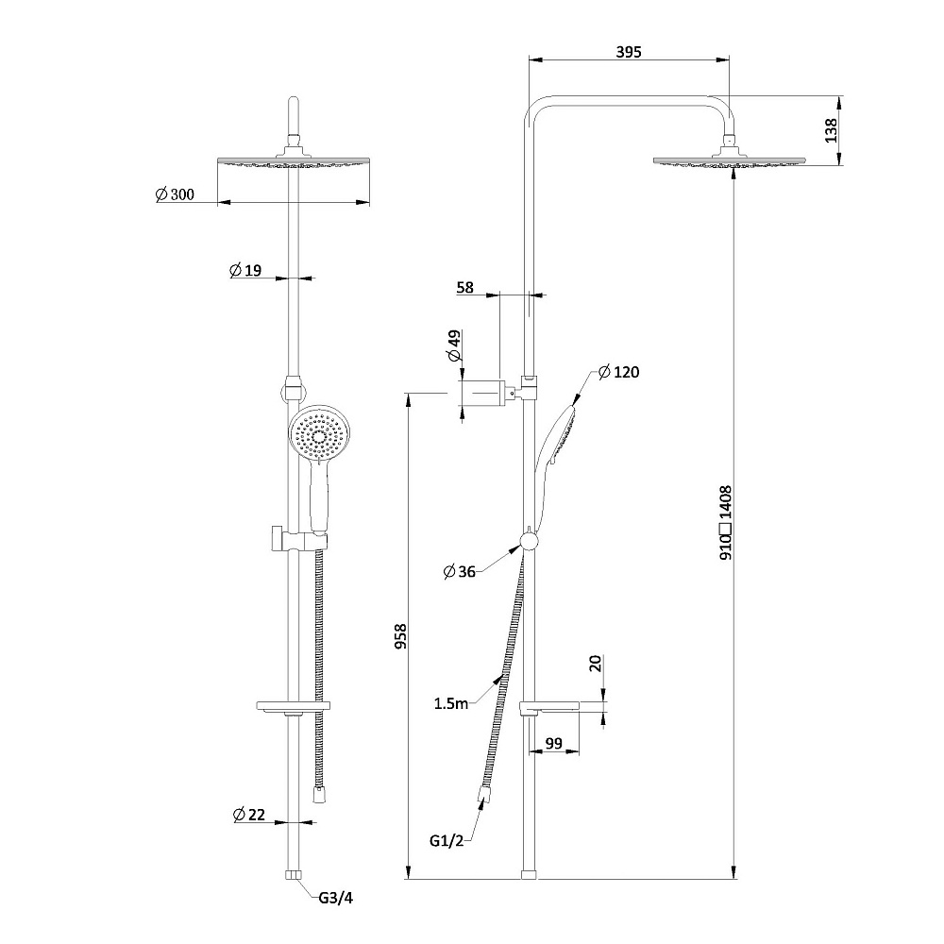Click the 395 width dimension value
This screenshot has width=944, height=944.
pos(629,52)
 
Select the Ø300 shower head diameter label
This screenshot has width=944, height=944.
pos(175,194)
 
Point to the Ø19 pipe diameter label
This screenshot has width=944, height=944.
pos(245,271)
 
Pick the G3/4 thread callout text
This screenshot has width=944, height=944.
pos(334,898)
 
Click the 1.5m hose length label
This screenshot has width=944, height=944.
pos(450,702)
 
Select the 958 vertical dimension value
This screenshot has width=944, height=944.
pos(400,638)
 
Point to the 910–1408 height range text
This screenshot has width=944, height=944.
pos(726,523)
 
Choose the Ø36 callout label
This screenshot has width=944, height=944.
pos(460,570)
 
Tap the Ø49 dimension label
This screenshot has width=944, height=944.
pos(454,346)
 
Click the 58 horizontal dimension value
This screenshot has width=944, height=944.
pos(465,288)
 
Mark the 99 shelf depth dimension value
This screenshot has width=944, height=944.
pos(554,744)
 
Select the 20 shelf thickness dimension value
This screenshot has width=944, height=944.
pos(595,663)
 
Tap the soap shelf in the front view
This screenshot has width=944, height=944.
pos(294,706)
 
